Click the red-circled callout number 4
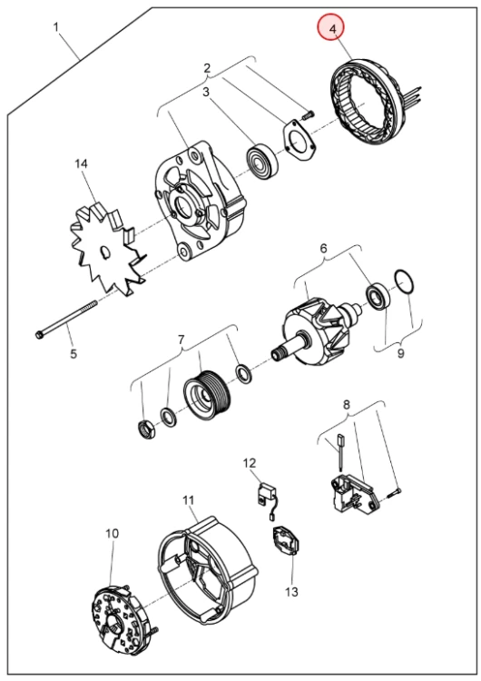(x=333, y=29)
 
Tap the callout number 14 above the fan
(x=81, y=163)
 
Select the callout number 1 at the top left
(x=55, y=27)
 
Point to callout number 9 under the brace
(x=401, y=353)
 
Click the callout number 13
(x=291, y=591)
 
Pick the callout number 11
(x=188, y=500)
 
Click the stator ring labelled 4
(x=366, y=103)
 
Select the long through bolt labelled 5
(x=66, y=318)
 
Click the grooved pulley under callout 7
(x=208, y=394)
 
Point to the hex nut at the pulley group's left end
(x=145, y=429)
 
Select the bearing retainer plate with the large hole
(x=299, y=140)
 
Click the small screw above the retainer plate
(x=308, y=115)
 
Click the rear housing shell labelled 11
(x=207, y=570)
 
